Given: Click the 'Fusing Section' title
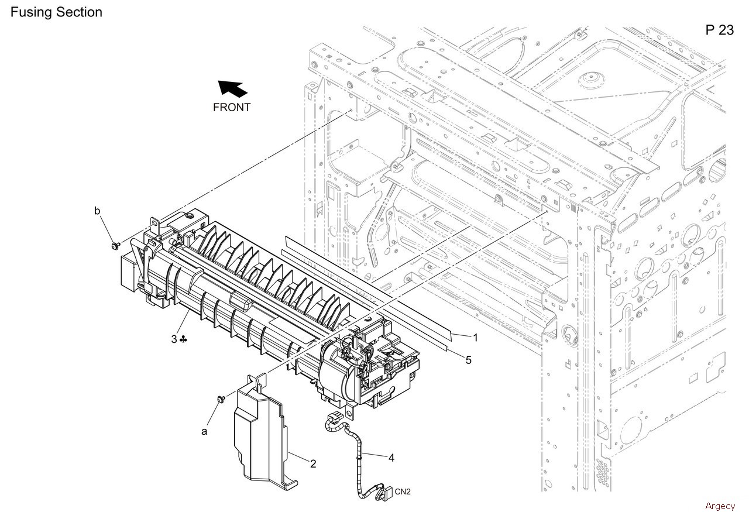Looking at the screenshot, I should pyautogui.click(x=56, y=12).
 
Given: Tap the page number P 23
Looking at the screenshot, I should pyautogui.click(x=719, y=30).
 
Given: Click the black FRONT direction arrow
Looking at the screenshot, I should pyautogui.click(x=233, y=89).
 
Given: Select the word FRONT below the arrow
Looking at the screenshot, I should pyautogui.click(x=232, y=107).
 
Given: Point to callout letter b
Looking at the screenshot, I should pyautogui.click(x=97, y=210).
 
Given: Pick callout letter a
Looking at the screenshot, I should pyautogui.click(x=204, y=431).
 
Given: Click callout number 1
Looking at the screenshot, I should pyautogui.click(x=476, y=337).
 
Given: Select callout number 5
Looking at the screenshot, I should pyautogui.click(x=468, y=360).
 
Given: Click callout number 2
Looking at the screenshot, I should pyautogui.click(x=313, y=464).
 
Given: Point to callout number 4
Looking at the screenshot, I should pyautogui.click(x=391, y=458).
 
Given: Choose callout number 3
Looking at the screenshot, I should pyautogui.click(x=174, y=339).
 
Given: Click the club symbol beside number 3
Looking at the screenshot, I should pyautogui.click(x=184, y=339).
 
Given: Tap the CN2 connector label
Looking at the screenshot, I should pyautogui.click(x=403, y=491).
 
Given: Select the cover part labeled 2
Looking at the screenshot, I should pyautogui.click(x=260, y=433).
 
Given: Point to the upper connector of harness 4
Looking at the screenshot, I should pyautogui.click(x=332, y=419).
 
